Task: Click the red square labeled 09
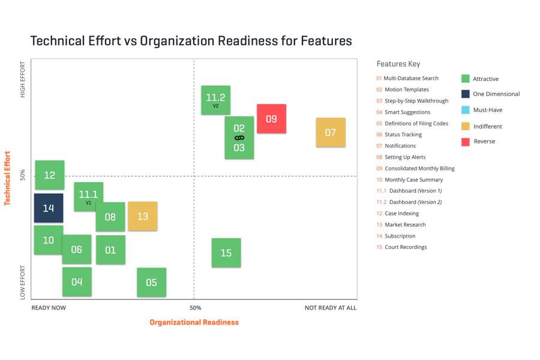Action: pyautogui.click(x=271, y=119)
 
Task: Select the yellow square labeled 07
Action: pyautogui.click(x=331, y=133)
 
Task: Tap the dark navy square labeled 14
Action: pyautogui.click(x=49, y=208)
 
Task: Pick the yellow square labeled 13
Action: pyautogui.click(x=142, y=216)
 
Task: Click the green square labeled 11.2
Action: pyautogui.click(x=215, y=100)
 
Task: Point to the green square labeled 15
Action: pyautogui.click(x=226, y=253)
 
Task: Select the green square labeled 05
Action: pyautogui.click(x=151, y=283)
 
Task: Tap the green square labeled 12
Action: pyautogui.click(x=50, y=175)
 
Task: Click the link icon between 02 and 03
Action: pyautogui.click(x=239, y=138)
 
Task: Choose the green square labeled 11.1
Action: pyautogui.click(x=88, y=196)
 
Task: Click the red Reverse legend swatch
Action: pyautogui.click(x=466, y=142)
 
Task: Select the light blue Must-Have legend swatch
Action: pyautogui.click(x=466, y=110)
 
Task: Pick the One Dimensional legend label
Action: pyautogui.click(x=496, y=94)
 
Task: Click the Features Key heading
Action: pyautogui.click(x=398, y=64)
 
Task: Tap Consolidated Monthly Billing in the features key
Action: pyautogui.click(x=419, y=169)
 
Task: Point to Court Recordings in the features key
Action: pyautogui.click(x=406, y=247)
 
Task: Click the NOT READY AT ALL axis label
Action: pyautogui.click(x=330, y=308)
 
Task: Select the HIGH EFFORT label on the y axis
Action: pyautogui.click(x=23, y=79)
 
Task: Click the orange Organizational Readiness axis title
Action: pyautogui.click(x=194, y=322)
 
